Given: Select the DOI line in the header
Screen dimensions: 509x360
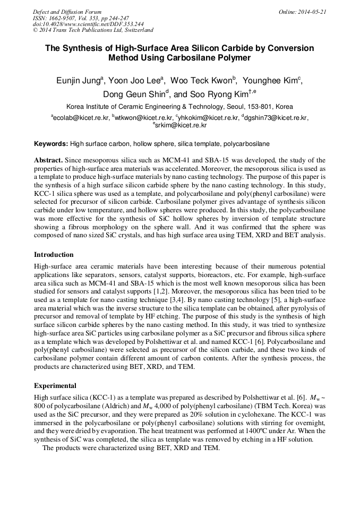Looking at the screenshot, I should (x=88, y=24).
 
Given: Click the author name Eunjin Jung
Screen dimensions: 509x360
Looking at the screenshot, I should (x=78, y=81).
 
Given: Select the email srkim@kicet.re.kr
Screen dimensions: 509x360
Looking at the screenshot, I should (x=181, y=125).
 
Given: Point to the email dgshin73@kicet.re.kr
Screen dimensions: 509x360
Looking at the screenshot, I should (x=276, y=118).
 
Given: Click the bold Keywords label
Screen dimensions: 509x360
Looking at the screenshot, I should (x=51, y=144).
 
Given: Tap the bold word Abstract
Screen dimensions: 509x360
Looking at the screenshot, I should (x=49, y=160).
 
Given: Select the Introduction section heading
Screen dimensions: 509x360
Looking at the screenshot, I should (x=54, y=255).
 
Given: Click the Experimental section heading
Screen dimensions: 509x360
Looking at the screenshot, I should (x=55, y=386).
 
